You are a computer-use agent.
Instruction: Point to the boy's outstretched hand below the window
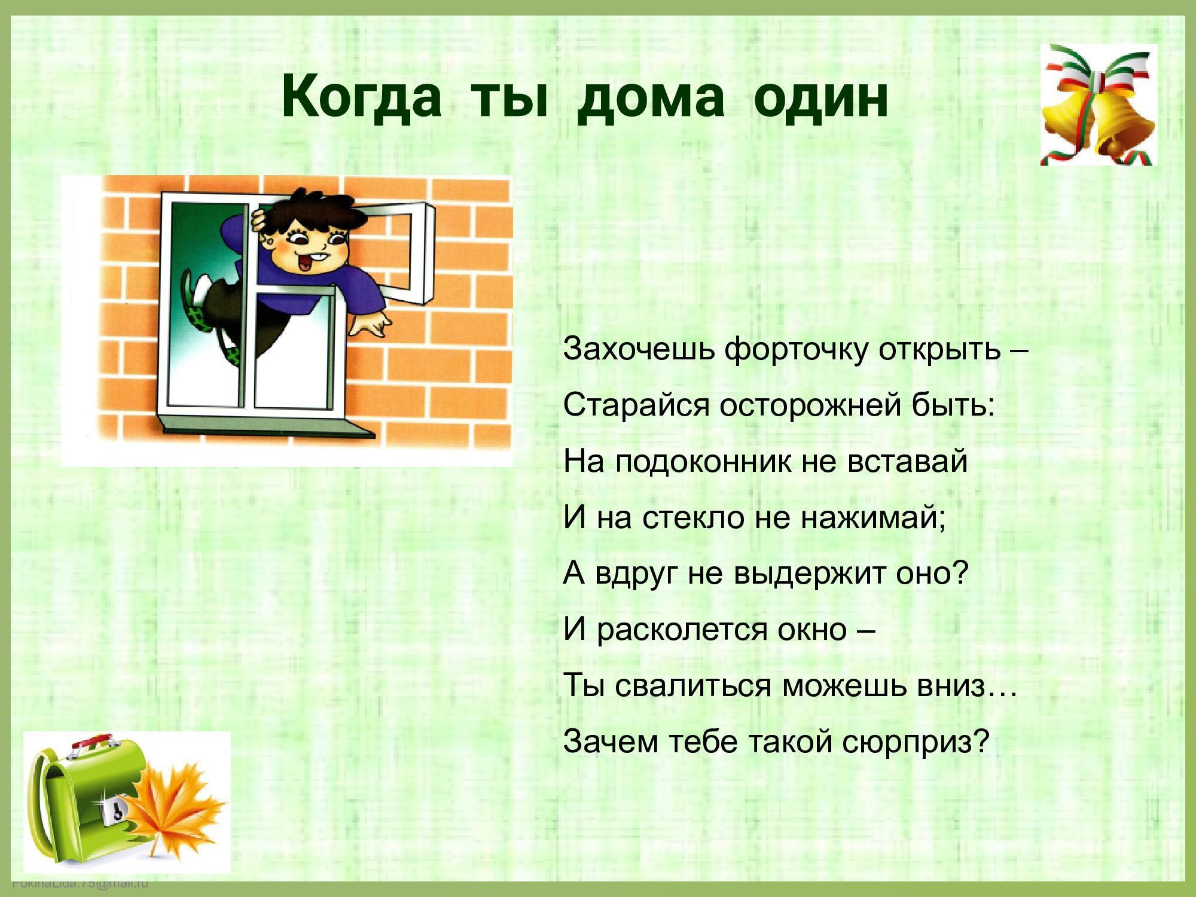click(368, 326)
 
